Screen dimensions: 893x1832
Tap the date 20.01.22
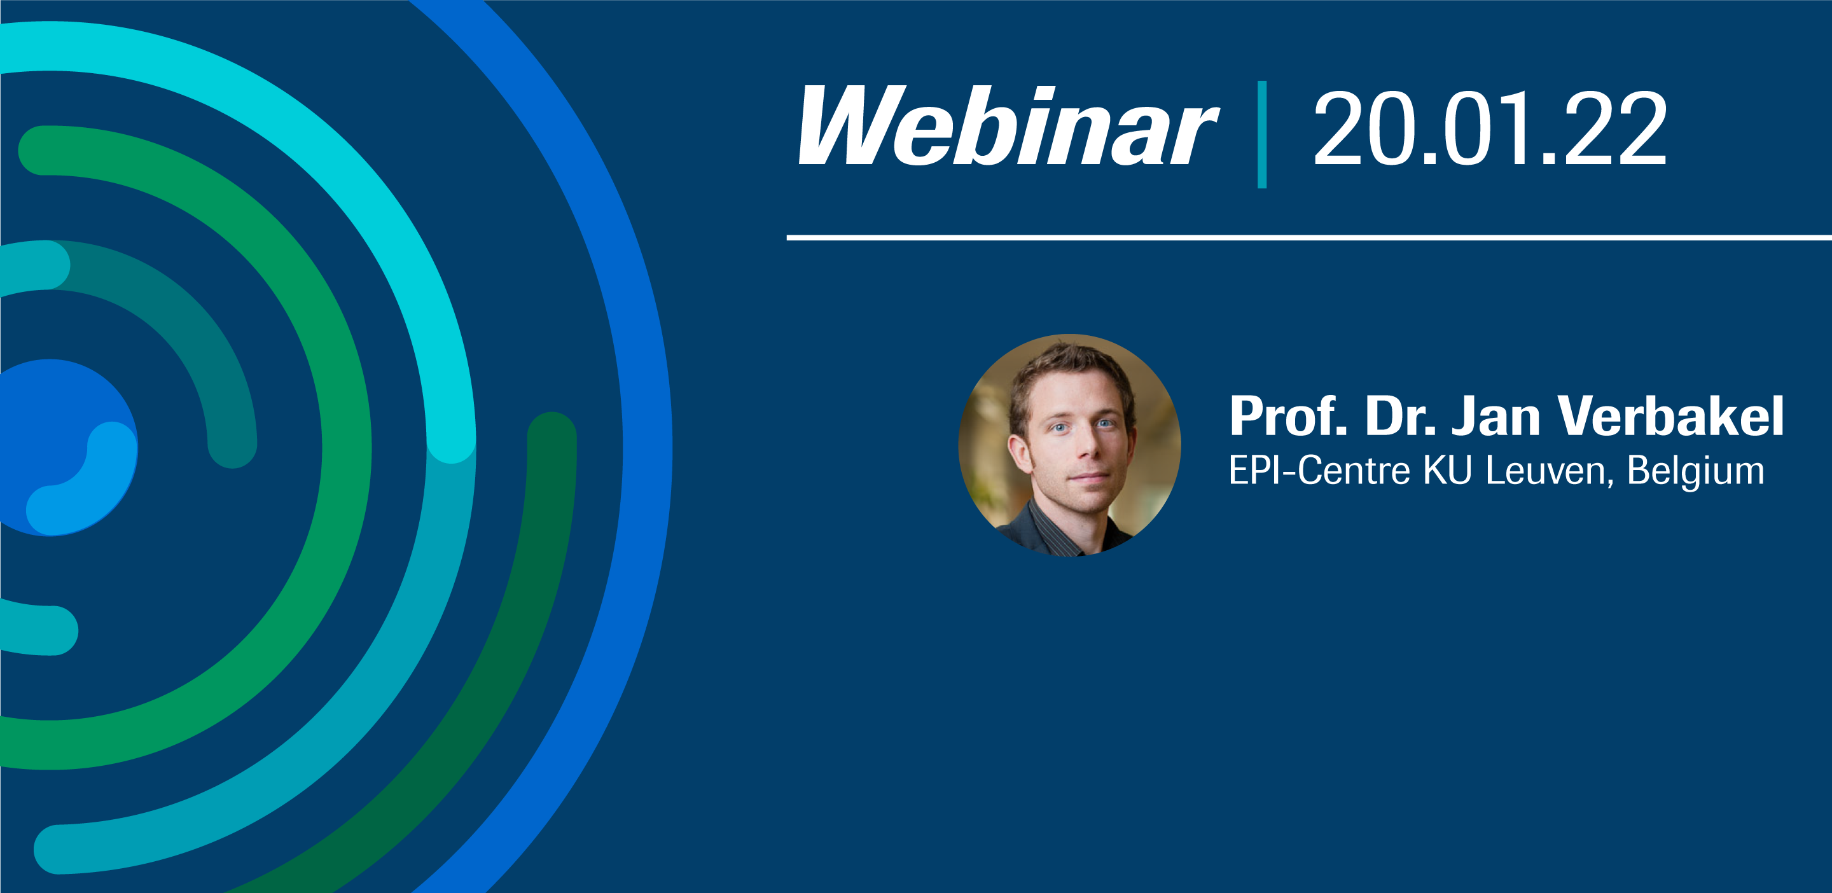(x=1490, y=129)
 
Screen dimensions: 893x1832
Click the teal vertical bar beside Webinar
(x=1261, y=134)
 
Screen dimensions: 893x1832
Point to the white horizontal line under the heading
(x=1308, y=237)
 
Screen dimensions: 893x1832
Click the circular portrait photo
(x=1069, y=445)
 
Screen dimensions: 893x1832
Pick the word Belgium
(x=1695, y=471)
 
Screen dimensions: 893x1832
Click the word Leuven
(x=1549, y=471)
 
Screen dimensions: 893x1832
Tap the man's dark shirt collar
(x=1045, y=526)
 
